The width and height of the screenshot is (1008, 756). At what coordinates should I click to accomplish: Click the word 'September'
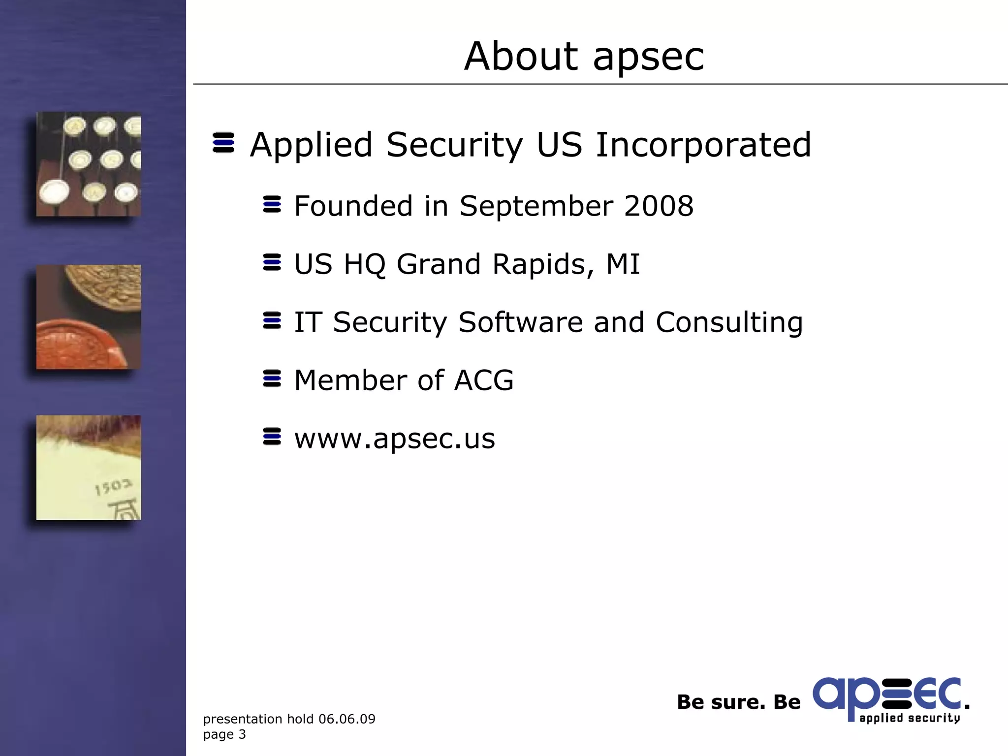535,207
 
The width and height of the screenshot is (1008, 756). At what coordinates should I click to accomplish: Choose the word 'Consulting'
729,323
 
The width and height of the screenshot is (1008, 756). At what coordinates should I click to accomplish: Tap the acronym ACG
484,380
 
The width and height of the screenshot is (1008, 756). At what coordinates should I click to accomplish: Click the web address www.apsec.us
394,439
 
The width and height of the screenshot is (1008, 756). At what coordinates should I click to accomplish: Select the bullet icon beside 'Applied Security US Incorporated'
223,143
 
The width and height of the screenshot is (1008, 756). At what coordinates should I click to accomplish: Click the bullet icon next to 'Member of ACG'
272,378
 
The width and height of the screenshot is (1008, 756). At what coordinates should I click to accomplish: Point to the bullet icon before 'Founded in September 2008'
272,204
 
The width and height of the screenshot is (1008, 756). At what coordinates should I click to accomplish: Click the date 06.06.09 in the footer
346,719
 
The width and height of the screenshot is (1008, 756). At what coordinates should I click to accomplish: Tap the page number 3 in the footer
242,734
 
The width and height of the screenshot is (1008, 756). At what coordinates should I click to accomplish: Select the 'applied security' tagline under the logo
910,718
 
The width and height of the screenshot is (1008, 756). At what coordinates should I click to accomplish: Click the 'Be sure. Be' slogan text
738,702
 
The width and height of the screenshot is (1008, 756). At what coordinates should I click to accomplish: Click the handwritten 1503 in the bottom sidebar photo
113,487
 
